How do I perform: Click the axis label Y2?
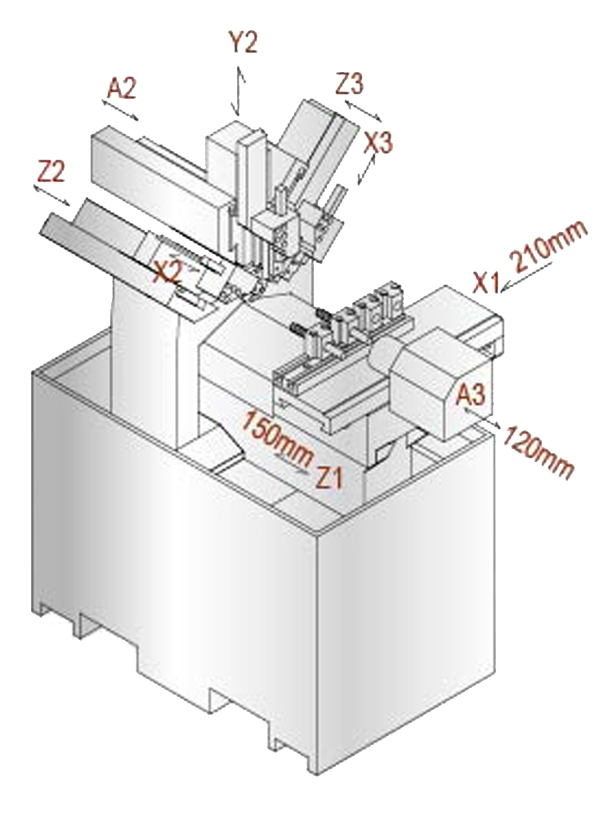click(x=242, y=42)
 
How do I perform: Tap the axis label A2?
click(x=121, y=88)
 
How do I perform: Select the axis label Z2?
click(x=51, y=171)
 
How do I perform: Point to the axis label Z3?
click(x=349, y=84)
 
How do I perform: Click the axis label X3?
click(x=379, y=142)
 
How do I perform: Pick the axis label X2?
click(x=167, y=271)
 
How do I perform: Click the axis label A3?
click(x=471, y=395)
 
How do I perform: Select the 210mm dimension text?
click(x=549, y=248)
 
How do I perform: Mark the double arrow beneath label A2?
click(x=122, y=110)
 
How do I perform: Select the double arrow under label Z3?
click(x=361, y=109)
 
